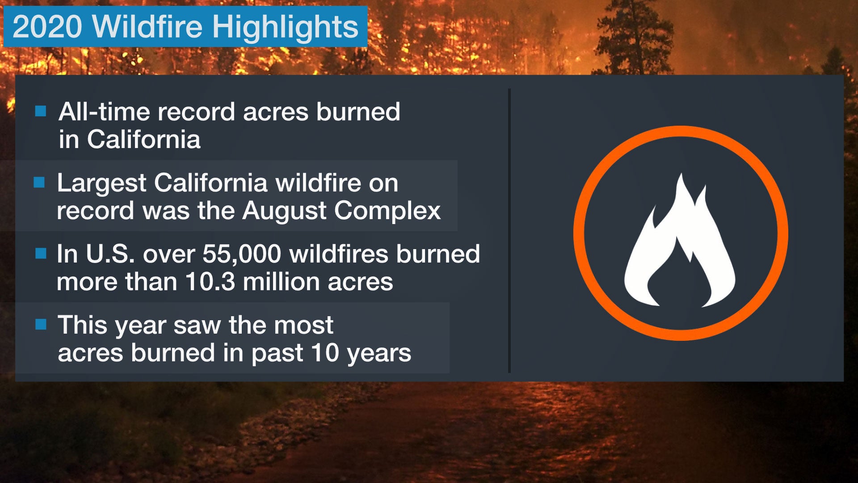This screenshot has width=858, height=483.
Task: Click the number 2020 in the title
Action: [47, 27]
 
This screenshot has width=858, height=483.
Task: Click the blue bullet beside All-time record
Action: [41, 111]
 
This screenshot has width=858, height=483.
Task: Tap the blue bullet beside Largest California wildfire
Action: [39, 182]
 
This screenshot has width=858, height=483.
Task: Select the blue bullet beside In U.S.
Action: [41, 254]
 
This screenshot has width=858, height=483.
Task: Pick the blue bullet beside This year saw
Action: [41, 324]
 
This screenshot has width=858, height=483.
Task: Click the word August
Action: [285, 211]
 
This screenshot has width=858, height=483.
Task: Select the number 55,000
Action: [242, 254]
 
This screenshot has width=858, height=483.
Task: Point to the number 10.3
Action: [210, 282]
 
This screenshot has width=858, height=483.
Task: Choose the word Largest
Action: [101, 184]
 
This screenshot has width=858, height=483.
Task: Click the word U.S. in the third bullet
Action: [110, 254]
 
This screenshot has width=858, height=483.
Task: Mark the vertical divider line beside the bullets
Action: [509, 230]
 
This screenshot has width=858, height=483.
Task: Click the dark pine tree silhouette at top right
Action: [635, 40]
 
